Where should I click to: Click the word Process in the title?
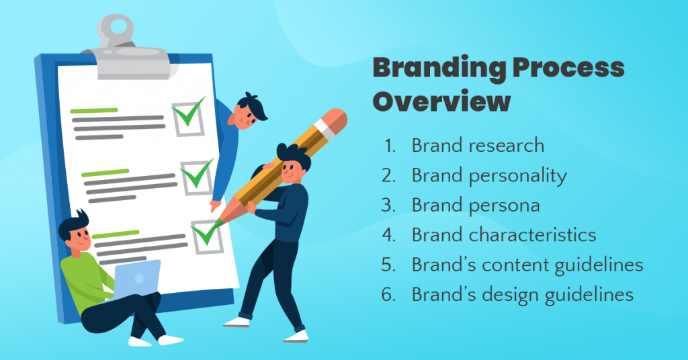(568, 68)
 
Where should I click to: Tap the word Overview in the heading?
(442, 101)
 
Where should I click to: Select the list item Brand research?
(478, 146)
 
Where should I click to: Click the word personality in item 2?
(518, 176)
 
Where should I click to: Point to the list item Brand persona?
(476, 206)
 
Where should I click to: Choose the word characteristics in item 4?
(532, 235)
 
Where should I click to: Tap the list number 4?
(389, 235)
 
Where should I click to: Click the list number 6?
(389, 295)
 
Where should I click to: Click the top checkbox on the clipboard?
(188, 118)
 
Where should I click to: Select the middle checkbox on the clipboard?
(197, 177)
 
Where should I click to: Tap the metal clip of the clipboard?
(127, 50)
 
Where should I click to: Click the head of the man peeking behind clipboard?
(249, 111)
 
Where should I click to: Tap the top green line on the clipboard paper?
(94, 111)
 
